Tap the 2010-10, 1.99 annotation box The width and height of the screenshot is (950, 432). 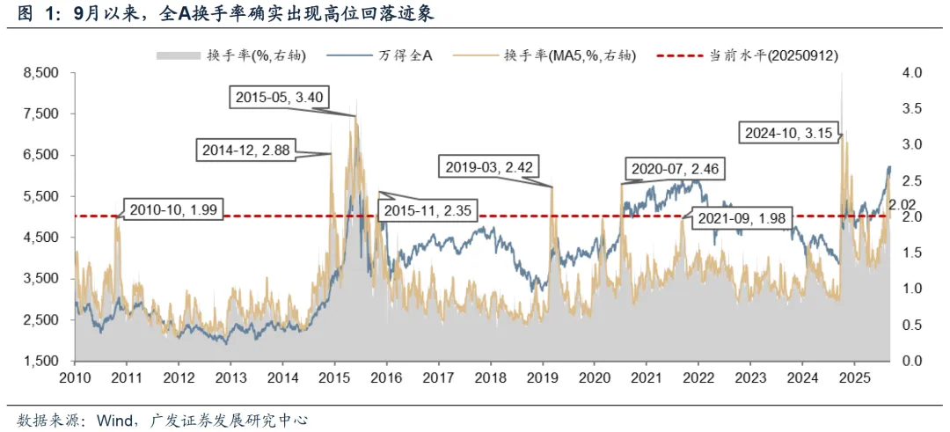pyautogui.click(x=173, y=210)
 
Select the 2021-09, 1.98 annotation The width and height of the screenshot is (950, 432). pyautogui.click(x=742, y=218)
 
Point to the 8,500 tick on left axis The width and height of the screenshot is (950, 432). pyautogui.click(x=41, y=73)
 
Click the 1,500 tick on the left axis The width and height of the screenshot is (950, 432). pyautogui.click(x=41, y=361)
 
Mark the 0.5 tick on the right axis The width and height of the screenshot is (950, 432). pyautogui.click(x=912, y=325)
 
